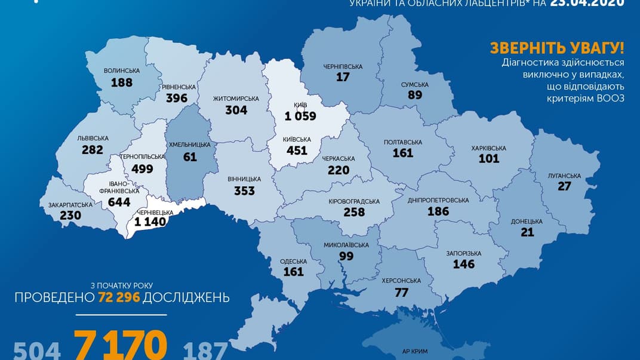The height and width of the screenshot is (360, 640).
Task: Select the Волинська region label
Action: [x=121, y=70]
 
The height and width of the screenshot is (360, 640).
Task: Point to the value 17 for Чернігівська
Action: [x=343, y=77]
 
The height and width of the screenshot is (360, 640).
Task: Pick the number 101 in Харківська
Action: [x=489, y=159]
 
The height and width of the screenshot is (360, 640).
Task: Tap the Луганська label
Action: [x=564, y=176]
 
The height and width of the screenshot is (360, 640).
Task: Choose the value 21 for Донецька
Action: [x=527, y=232]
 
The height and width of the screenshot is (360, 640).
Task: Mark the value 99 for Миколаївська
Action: [x=346, y=256]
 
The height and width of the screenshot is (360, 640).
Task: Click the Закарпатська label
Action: [x=70, y=205]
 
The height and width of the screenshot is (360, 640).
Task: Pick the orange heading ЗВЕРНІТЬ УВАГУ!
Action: [x=556, y=48]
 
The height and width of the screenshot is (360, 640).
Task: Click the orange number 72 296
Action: [x=119, y=297]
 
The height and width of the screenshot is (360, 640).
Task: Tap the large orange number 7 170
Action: [x=120, y=345]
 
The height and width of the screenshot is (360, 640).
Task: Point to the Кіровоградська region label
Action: [x=354, y=201]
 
